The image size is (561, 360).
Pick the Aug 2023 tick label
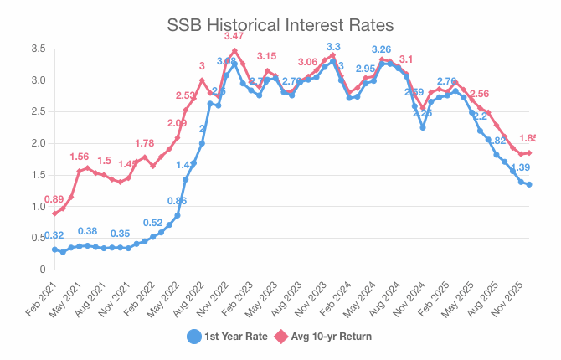point(290,299)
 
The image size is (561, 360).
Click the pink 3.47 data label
point(234,38)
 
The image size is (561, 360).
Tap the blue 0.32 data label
point(54,235)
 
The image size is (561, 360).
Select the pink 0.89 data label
point(54,199)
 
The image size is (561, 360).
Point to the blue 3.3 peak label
point(333,47)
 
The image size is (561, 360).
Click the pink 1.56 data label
point(79,157)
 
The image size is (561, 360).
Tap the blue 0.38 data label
point(87,231)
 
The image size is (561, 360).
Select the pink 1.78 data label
point(144,143)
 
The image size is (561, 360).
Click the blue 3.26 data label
point(382,49)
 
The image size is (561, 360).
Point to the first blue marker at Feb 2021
point(54,249)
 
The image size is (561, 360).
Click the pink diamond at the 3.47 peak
point(234,50)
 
